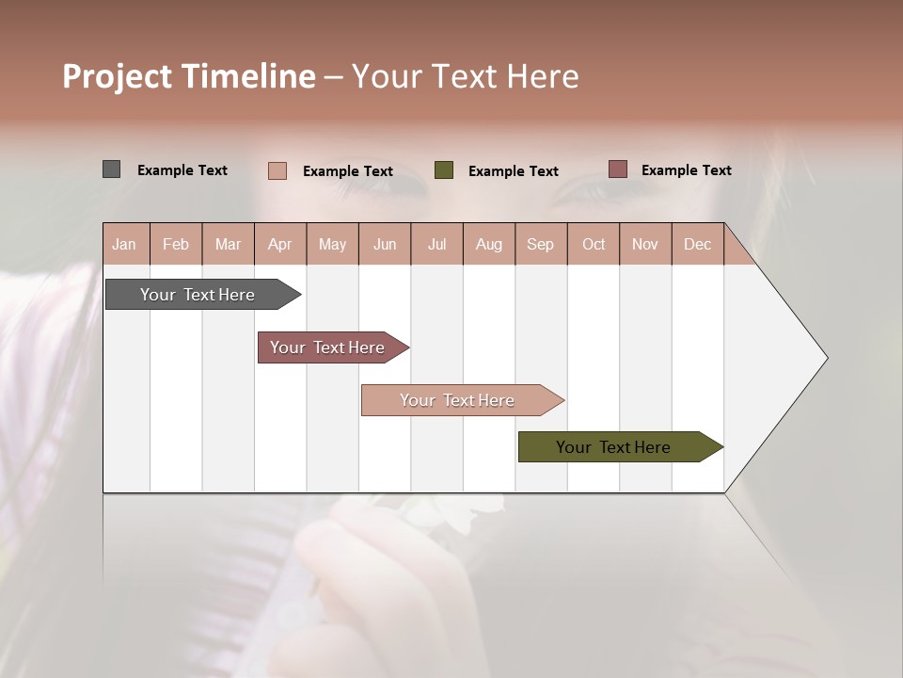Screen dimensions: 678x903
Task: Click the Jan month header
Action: (x=125, y=244)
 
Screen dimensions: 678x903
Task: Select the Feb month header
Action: (x=176, y=244)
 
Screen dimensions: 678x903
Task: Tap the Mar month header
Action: (x=228, y=244)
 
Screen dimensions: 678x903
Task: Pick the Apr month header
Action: (x=280, y=244)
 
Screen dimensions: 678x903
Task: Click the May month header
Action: (x=332, y=244)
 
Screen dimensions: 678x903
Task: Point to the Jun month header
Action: (x=385, y=244)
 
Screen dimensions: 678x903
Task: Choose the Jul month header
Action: (x=436, y=244)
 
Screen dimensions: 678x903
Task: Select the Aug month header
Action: (x=489, y=244)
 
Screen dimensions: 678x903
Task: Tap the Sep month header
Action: (x=541, y=244)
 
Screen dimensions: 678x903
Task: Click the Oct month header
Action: (x=594, y=244)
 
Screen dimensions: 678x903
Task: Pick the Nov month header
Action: (x=645, y=244)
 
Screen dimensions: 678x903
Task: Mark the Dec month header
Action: (x=698, y=244)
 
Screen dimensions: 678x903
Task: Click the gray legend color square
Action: (x=112, y=169)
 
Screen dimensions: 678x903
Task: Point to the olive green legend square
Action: (x=444, y=169)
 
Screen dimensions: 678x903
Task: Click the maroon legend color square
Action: (x=618, y=169)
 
